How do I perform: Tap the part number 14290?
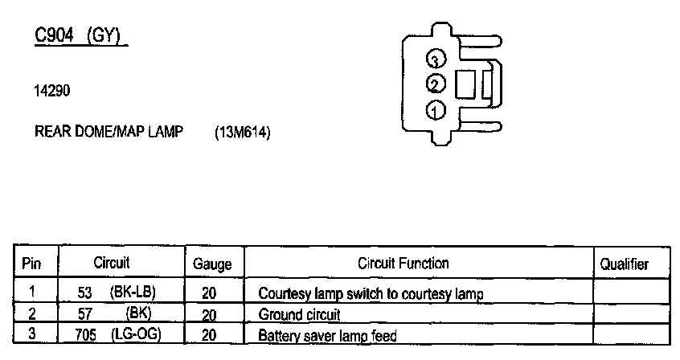coord(52,91)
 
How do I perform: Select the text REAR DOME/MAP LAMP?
coord(109,132)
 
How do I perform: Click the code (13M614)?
coord(243,133)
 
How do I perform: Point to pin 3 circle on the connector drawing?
coord(436,60)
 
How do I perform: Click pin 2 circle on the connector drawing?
coord(436,84)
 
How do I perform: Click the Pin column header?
coord(31,264)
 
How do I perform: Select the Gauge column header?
coord(213,264)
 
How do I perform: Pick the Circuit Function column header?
coord(403,264)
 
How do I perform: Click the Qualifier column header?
coord(625,264)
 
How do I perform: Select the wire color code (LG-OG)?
coord(136,335)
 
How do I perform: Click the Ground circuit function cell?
coord(300,315)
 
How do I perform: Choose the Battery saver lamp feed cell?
coord(327,336)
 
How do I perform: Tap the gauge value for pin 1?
coord(210,294)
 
